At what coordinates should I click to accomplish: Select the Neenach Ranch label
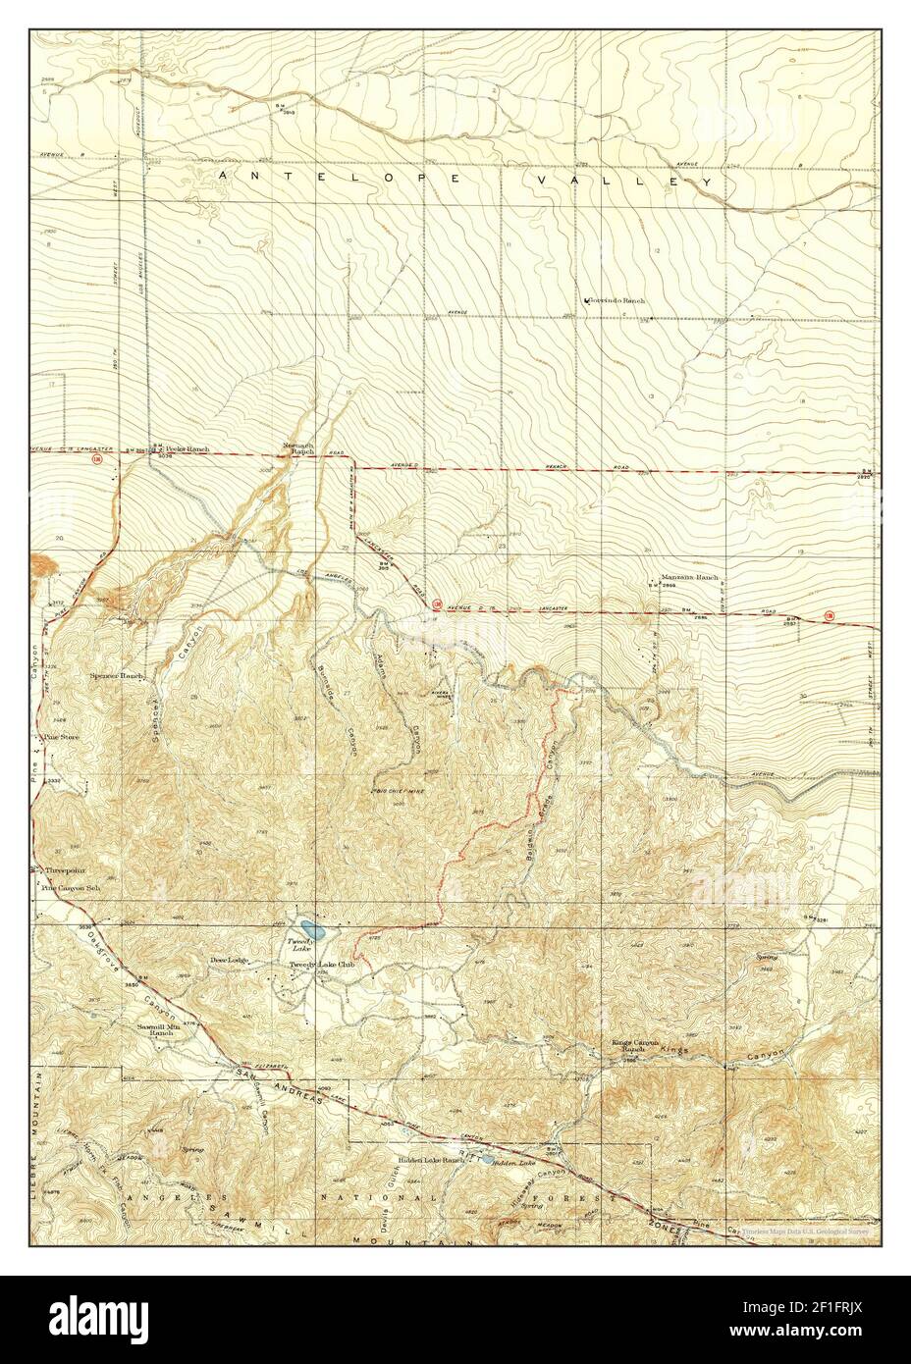click(x=298, y=446)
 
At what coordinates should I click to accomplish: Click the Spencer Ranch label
click(x=120, y=677)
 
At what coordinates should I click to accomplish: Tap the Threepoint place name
click(x=66, y=870)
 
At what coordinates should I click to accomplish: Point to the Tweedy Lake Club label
click(x=320, y=966)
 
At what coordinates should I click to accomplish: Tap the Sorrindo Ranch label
click(x=616, y=300)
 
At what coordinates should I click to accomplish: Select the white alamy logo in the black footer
click(x=91, y=1315)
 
